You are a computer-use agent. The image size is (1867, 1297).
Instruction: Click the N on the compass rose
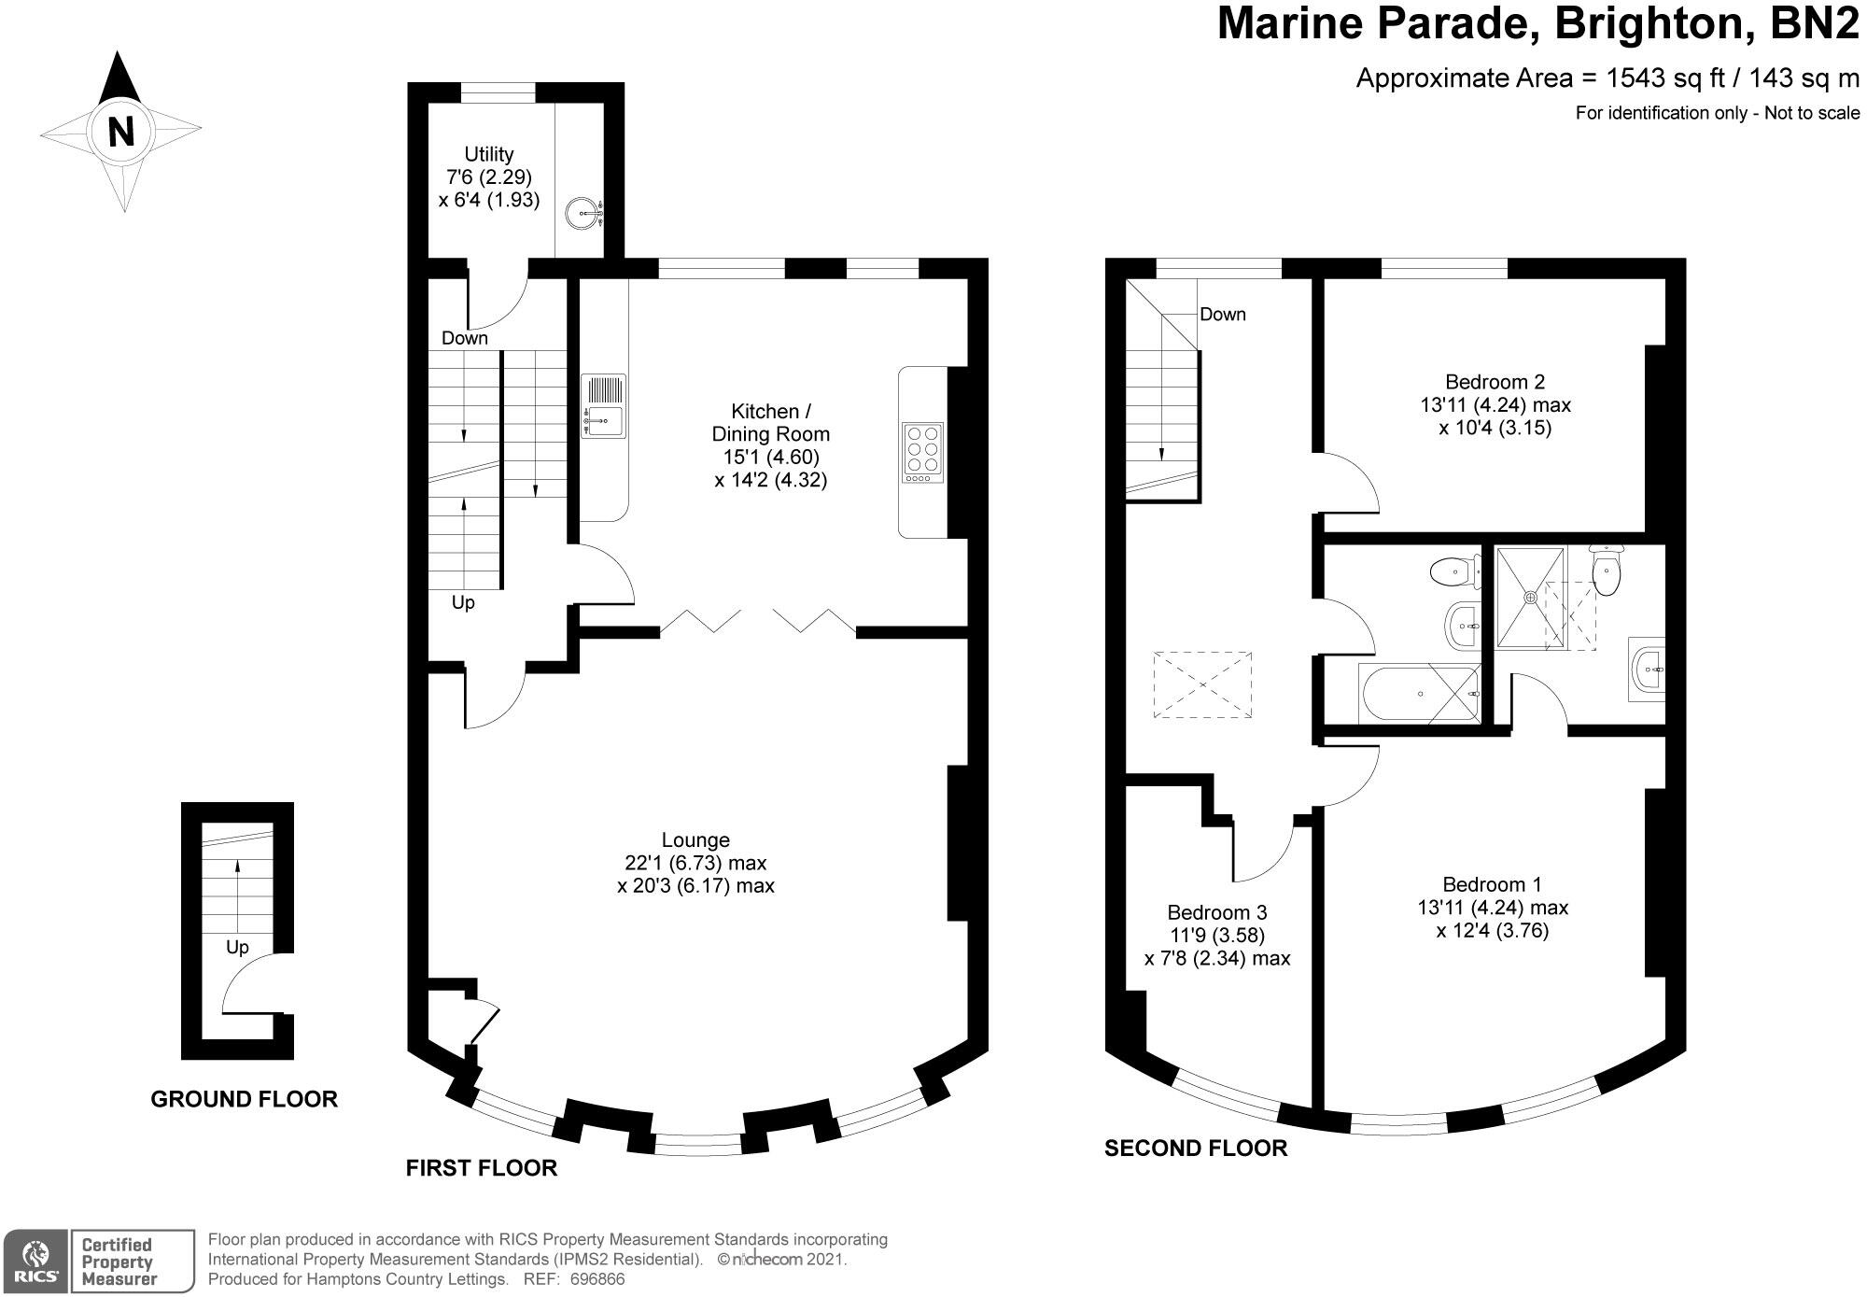(120, 132)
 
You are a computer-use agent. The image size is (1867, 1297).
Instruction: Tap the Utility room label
(489, 154)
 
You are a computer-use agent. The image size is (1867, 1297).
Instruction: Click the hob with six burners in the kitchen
(923, 453)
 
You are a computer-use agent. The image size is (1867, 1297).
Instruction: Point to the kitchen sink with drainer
(604, 405)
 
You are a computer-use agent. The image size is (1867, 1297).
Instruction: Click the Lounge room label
(695, 839)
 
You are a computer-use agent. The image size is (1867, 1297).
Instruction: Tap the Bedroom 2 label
(1495, 381)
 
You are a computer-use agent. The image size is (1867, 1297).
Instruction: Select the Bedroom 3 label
(1217, 912)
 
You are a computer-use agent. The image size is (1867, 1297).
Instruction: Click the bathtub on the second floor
(1421, 694)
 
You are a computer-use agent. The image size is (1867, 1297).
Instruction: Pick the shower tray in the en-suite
(1530, 597)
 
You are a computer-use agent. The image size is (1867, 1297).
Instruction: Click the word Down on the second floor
(1223, 315)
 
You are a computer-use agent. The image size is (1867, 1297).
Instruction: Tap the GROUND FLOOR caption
(245, 1099)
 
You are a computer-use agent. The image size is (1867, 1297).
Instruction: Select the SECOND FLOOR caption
(1196, 1149)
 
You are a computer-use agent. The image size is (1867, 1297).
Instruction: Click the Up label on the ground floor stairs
(237, 948)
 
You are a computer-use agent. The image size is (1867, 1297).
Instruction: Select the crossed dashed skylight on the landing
(1202, 684)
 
